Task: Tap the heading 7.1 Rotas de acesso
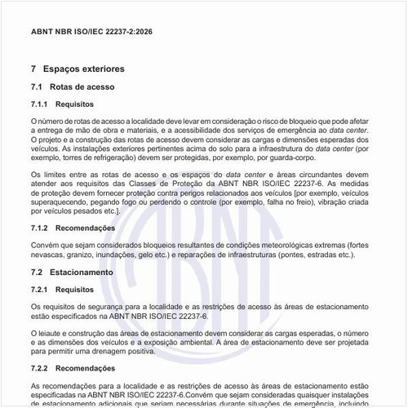[x=72, y=86]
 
